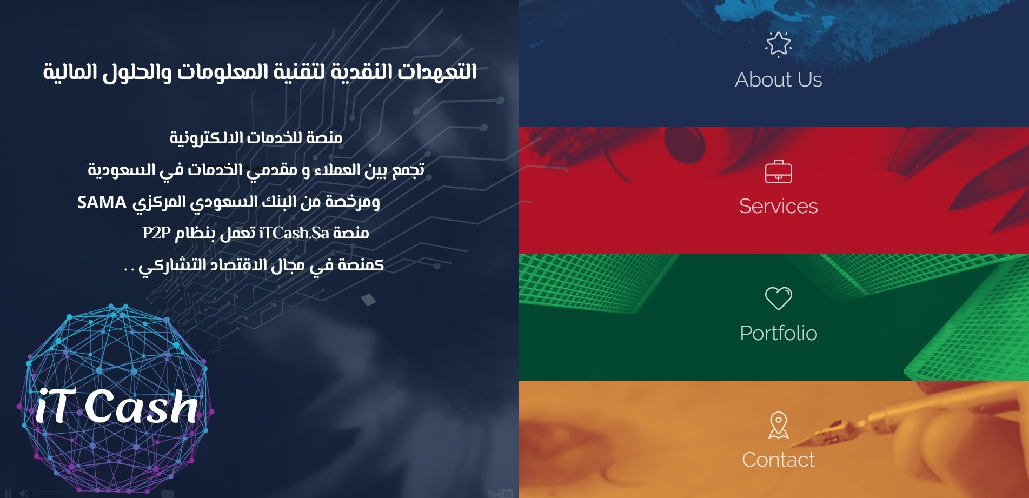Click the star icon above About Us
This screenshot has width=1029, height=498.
pyautogui.click(x=779, y=44)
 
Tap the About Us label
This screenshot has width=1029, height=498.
pyautogui.click(x=779, y=79)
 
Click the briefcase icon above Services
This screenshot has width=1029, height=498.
pyautogui.click(x=779, y=171)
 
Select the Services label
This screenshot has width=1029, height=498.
pyautogui.click(x=779, y=206)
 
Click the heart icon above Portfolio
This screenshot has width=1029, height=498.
pyautogui.click(x=779, y=298)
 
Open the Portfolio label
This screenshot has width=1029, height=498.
pyautogui.click(x=779, y=333)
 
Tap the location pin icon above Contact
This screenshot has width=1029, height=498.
pyautogui.click(x=779, y=425)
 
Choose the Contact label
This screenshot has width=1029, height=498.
pyautogui.click(x=779, y=460)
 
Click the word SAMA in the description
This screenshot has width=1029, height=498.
pyautogui.click(x=102, y=203)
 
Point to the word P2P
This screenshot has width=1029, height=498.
pyautogui.click(x=157, y=233)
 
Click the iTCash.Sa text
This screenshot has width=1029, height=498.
pyautogui.click(x=294, y=233)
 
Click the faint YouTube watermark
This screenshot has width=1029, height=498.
pyautogui.click(x=500, y=493)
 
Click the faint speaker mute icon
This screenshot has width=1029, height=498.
pyautogui.click(x=24, y=493)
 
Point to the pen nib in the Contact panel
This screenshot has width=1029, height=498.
pyautogui.click(x=811, y=437)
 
